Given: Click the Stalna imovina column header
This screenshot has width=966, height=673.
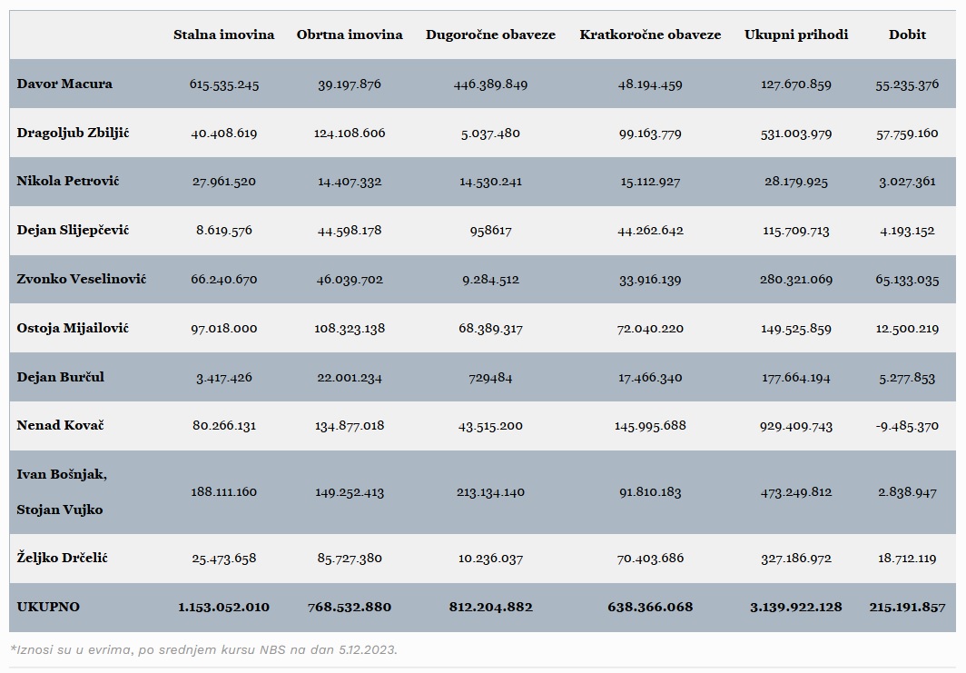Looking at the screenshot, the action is point(223,35).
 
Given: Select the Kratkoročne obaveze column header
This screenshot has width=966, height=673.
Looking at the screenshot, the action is point(650,35).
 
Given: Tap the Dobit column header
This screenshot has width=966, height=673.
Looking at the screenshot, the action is point(907,35).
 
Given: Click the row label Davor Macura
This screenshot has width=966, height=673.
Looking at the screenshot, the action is point(64,84).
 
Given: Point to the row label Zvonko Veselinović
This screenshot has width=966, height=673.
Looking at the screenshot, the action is point(82,279).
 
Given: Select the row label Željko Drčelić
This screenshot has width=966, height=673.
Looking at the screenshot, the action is point(63,558).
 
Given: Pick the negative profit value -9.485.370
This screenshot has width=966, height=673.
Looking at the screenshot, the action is point(907,426).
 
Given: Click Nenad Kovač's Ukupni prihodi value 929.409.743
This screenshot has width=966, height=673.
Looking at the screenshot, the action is point(796,426).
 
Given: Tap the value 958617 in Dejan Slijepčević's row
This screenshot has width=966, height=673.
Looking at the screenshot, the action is point(490,231).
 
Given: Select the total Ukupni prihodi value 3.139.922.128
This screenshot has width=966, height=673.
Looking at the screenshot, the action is point(796,607).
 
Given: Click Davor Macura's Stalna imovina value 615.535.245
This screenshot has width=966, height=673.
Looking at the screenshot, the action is point(223,84).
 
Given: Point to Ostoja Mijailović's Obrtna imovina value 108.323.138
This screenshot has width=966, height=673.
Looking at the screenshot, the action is point(350,329).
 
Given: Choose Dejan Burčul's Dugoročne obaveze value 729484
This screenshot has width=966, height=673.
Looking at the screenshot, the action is point(490,377).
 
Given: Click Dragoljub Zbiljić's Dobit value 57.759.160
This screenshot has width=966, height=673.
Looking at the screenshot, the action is point(907,134).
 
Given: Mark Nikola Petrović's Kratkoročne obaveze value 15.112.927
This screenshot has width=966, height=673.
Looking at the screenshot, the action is point(650,182).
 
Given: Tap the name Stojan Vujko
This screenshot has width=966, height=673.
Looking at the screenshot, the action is point(60,510).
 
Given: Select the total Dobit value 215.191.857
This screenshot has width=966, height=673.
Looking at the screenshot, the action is point(907,607).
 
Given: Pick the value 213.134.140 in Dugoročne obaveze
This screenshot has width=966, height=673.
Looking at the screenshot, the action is point(490,492).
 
